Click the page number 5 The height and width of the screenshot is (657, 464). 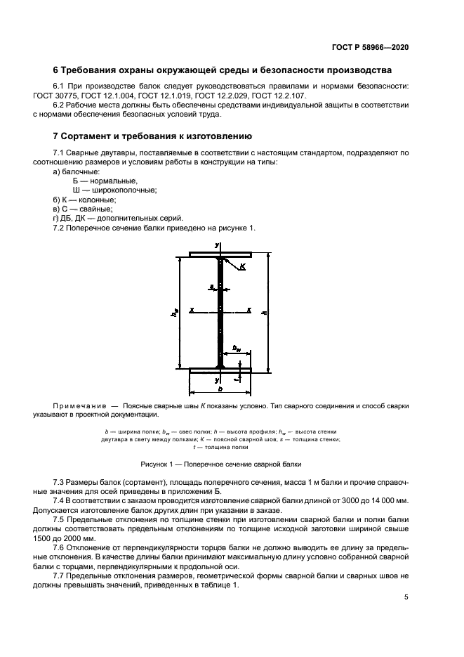click(x=406, y=597)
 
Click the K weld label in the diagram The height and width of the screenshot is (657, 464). click(x=243, y=266)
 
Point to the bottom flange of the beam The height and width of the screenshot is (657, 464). click(x=220, y=368)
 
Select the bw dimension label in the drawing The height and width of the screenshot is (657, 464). click(x=237, y=346)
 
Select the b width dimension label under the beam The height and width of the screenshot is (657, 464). click(x=220, y=388)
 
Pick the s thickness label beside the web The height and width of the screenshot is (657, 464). click(x=210, y=286)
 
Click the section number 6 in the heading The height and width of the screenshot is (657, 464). click(x=56, y=70)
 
